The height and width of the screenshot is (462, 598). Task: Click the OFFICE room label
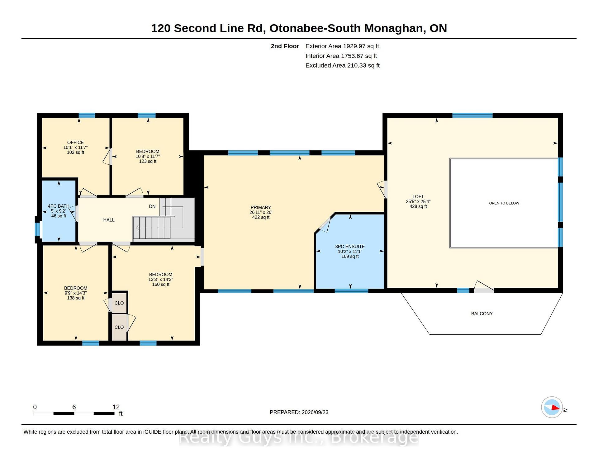[x=75, y=143]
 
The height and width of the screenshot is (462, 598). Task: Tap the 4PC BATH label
[x=59, y=206]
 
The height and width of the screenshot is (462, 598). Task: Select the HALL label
[x=109, y=220]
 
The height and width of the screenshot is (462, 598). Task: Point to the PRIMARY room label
[x=261, y=207]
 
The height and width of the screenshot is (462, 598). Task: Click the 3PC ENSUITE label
[x=350, y=247]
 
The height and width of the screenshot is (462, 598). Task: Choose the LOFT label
[x=418, y=197]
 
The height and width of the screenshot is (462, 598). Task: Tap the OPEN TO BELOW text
[x=504, y=203]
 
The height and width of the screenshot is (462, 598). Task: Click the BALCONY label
[x=482, y=314]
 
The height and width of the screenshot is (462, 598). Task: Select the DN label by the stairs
[x=152, y=206]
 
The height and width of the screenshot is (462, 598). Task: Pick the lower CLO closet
[x=119, y=327]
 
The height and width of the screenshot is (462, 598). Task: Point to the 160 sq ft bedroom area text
[x=161, y=285]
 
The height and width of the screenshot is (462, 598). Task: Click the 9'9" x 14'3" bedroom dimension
[x=76, y=293]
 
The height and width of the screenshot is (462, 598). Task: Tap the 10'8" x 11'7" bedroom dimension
[x=148, y=157]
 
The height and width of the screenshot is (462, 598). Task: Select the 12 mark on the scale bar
[x=116, y=407]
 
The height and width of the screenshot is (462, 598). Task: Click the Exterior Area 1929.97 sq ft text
[x=342, y=46]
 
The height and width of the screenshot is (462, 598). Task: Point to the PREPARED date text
[x=299, y=412]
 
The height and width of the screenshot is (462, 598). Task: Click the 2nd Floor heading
[x=285, y=46]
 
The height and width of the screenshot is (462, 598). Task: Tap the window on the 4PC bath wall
[x=37, y=229]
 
